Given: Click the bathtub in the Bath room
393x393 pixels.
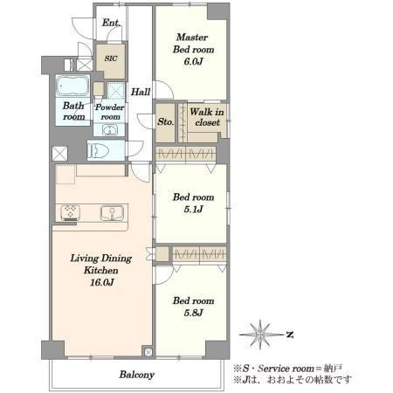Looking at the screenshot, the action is (x=72, y=86).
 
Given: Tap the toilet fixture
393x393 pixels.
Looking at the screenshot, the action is (x=98, y=150).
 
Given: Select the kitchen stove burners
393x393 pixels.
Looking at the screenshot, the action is (x=71, y=212).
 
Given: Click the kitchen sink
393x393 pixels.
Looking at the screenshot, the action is (x=112, y=212).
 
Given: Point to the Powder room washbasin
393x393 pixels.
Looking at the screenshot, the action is (x=110, y=130).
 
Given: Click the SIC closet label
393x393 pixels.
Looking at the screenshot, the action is (x=111, y=59).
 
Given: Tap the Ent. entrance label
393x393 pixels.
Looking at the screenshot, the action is (x=111, y=23).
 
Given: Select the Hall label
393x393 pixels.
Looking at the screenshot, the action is (x=141, y=92).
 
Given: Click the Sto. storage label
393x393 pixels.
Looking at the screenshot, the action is (x=166, y=121).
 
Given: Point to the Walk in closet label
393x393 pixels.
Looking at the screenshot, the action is (x=207, y=117).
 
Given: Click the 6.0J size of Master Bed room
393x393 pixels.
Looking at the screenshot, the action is (x=193, y=61).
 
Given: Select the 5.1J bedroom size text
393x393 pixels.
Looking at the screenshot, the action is (x=193, y=209).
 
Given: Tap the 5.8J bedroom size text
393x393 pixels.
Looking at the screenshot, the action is (x=193, y=313).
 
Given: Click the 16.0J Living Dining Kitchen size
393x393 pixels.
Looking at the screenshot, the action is (x=101, y=282).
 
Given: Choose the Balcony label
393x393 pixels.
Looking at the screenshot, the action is (x=136, y=375).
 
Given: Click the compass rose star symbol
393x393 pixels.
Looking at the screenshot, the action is (x=260, y=334).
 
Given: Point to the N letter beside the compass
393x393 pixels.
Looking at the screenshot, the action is (x=290, y=334).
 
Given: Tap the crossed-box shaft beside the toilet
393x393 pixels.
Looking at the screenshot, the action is (x=59, y=154).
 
